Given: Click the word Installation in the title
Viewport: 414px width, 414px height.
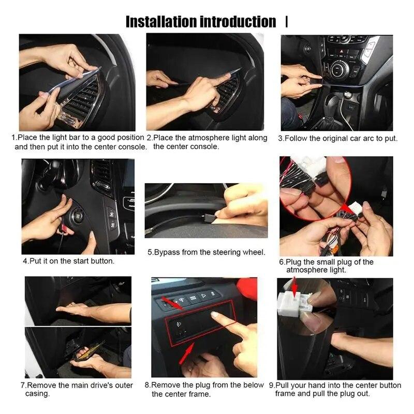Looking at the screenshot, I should coord(161,22).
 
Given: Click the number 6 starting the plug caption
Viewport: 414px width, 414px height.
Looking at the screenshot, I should coord(282,262).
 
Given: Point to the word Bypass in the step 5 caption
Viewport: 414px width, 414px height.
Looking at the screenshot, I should coord(167,253).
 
